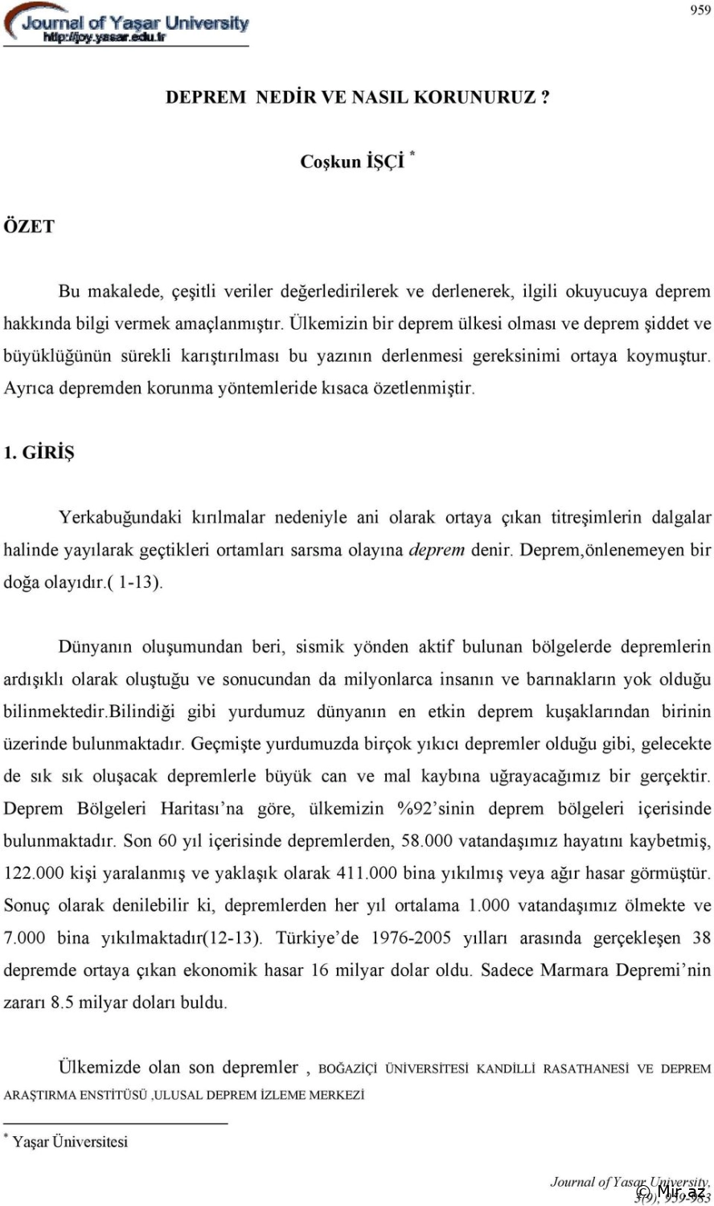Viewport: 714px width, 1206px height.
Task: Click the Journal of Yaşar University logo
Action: coord(126,25)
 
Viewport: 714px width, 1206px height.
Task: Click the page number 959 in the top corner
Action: coord(700,10)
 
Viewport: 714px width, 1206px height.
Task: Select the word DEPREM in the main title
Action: coord(205,97)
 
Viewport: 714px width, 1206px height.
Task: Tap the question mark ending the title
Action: coord(545,97)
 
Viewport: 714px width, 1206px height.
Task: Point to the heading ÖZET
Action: coord(29,227)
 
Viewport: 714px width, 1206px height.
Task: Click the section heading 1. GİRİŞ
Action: coord(39,453)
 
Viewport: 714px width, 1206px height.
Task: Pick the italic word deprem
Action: coord(437,551)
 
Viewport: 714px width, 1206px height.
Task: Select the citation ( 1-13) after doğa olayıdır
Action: coord(135,583)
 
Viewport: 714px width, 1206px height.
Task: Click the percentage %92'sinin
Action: coord(436,809)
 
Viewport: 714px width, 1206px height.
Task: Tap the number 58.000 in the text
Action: coord(426,841)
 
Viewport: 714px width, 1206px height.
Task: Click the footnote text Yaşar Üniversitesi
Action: coord(70,1142)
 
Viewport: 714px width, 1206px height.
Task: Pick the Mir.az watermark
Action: coord(671,1192)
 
